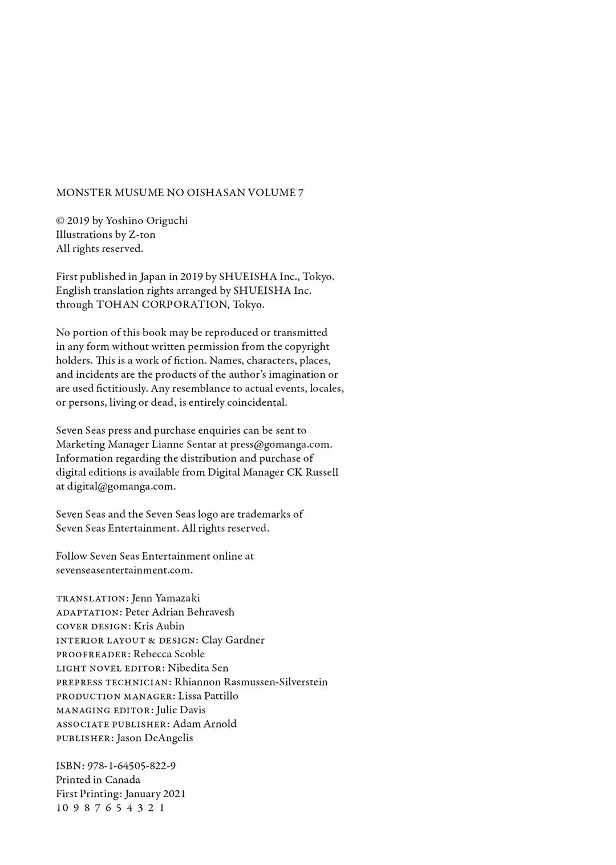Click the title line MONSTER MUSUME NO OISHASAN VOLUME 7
[180, 193]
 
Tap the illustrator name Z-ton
[142, 235]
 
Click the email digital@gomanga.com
[120, 487]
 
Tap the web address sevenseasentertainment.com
[124, 571]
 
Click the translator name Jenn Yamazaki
[165, 599]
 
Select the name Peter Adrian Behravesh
[180, 612]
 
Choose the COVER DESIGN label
[93, 626]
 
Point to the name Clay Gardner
[233, 640]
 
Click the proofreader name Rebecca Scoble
[169, 654]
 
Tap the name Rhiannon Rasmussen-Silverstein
[251, 682]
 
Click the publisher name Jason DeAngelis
[155, 738]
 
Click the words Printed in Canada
[98, 780]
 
